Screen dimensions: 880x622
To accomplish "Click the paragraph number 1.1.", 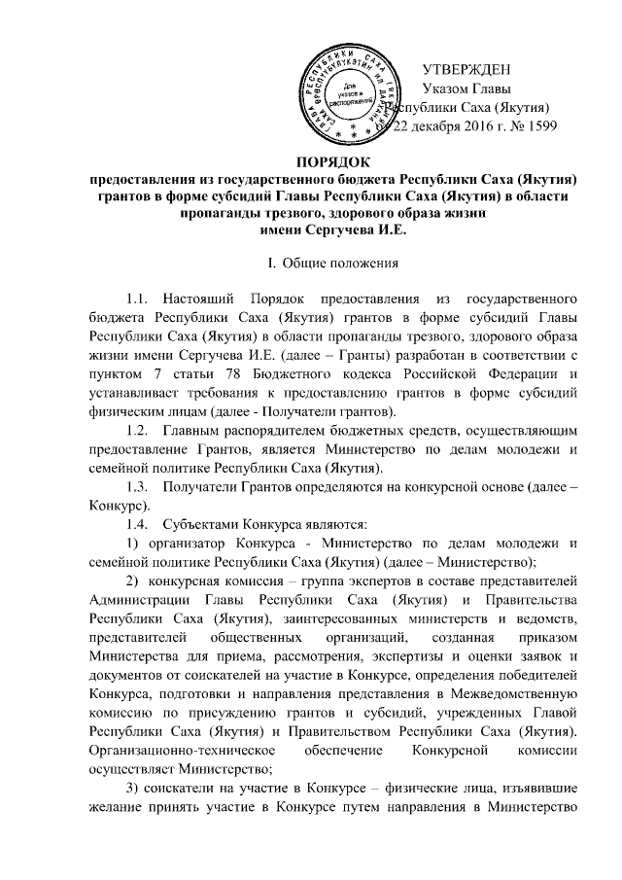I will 138,297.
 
